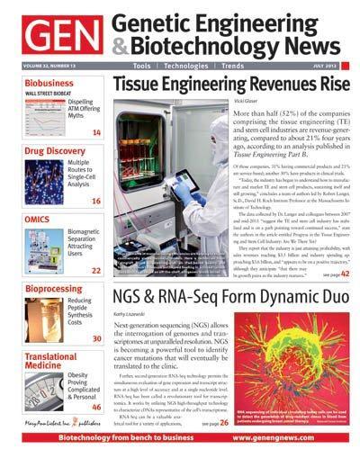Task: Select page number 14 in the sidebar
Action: (x=96, y=132)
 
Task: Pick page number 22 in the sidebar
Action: (x=96, y=270)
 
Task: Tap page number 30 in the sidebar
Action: (x=96, y=338)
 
